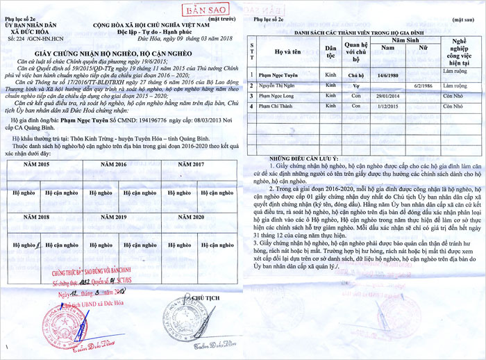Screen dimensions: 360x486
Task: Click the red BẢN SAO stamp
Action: (203, 10)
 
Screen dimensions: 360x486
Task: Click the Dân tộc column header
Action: (331, 51)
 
